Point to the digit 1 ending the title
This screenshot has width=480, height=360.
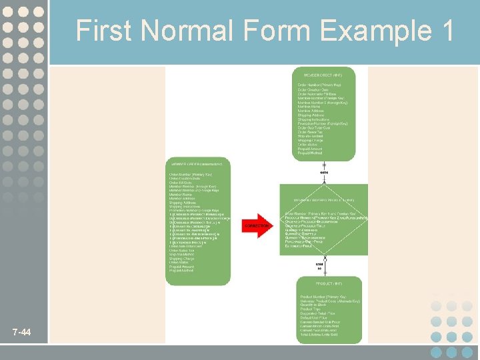[x=446, y=31]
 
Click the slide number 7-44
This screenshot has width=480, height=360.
[x=21, y=332]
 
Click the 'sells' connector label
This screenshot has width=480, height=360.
[x=324, y=173]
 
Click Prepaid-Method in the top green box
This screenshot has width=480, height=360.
[x=311, y=154]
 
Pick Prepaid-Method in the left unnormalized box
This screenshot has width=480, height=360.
[x=181, y=271]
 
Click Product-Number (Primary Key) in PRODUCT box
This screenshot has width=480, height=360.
[x=323, y=296]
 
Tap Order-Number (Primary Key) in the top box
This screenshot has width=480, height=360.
[x=319, y=85]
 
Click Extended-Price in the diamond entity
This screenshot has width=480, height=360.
[x=298, y=245]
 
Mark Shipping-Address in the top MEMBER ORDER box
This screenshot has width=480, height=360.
[x=311, y=115]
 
